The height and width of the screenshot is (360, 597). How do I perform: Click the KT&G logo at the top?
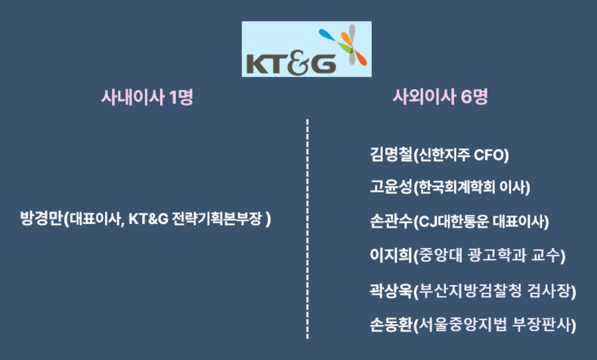pyautogui.click(x=307, y=49)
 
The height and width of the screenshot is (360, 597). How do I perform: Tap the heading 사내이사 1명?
pyautogui.click(x=147, y=97)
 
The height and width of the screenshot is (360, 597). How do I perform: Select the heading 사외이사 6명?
pyautogui.click(x=440, y=97)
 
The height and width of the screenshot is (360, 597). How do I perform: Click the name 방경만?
pyautogui.click(x=41, y=219)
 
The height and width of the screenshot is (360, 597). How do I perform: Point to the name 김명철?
pyautogui.click(x=391, y=155)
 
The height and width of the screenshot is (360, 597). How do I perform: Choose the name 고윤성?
pyautogui.click(x=391, y=187)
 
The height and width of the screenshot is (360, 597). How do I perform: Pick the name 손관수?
pyautogui.click(x=391, y=222)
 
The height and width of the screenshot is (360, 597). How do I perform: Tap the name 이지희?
pyautogui.click(x=391, y=255)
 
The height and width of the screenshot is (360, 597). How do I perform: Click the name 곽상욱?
pyautogui.click(x=391, y=291)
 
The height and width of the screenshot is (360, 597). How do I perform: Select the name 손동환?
pyautogui.click(x=391, y=325)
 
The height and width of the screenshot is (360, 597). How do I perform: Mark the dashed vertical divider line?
pyautogui.click(x=308, y=228)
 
